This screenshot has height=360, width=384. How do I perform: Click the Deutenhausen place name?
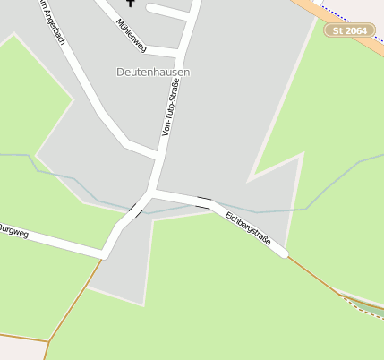click(x=153, y=71)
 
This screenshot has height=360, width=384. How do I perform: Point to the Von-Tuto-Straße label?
click(x=170, y=107)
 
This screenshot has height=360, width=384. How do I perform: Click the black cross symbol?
click(x=131, y=4)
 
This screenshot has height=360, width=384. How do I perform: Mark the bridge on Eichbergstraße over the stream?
click(x=205, y=201)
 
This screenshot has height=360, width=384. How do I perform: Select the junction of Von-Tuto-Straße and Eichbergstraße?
click(x=154, y=192)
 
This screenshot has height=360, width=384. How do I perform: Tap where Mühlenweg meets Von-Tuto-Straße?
click(x=182, y=52)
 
